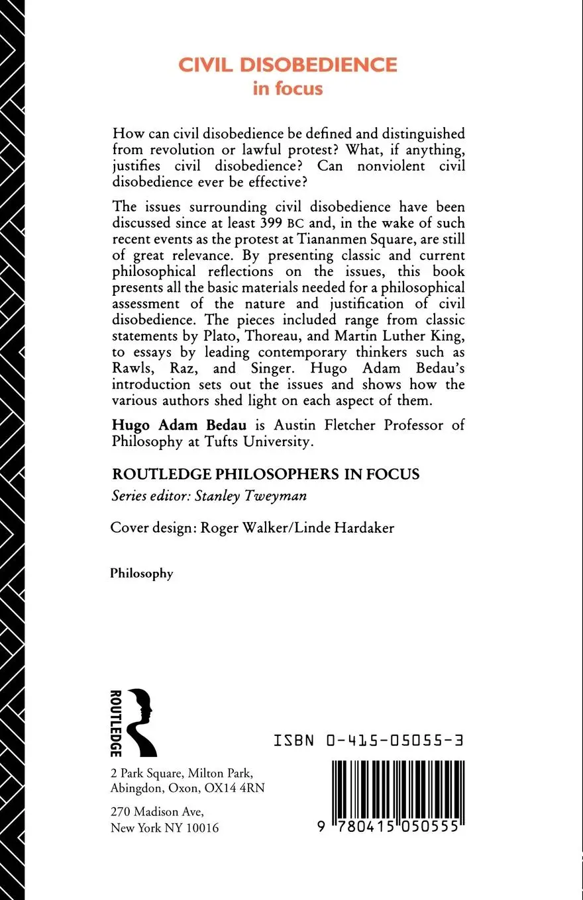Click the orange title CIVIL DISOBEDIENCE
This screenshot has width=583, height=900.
tap(288, 65)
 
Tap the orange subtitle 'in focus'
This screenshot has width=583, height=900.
tap(288, 89)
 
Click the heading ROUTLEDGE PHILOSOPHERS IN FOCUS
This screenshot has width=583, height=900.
tap(265, 474)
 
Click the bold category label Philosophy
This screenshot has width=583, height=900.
tap(142, 574)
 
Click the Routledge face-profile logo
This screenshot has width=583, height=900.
tap(142, 722)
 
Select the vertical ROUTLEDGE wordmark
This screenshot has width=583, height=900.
tap(115, 722)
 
